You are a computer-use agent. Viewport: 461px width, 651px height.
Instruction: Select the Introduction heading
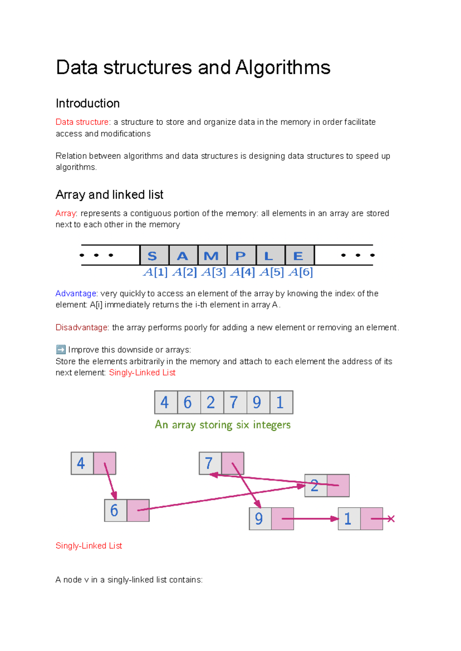tap(88, 103)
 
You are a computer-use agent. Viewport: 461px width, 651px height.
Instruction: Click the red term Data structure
tap(82, 122)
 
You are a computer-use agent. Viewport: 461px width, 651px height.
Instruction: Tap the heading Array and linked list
tap(109, 195)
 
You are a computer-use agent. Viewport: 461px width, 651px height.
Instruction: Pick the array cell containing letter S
tap(154, 256)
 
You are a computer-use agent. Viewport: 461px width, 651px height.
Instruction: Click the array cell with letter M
tap(212, 256)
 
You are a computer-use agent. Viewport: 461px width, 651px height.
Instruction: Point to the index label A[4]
tap(242, 272)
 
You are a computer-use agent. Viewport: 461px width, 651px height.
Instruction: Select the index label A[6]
tap(300, 272)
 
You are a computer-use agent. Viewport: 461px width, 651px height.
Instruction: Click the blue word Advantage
tap(76, 294)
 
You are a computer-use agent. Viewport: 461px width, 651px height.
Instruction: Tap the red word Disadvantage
tap(81, 327)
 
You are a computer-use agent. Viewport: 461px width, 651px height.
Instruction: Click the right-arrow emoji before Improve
tap(61, 350)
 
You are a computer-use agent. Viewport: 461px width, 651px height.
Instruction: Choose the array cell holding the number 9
tap(257, 402)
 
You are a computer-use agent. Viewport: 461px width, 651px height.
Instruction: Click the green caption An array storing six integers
tap(222, 425)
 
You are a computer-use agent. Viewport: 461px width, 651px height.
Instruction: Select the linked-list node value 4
tap(81, 463)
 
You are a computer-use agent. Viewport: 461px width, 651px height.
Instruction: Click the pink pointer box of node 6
tap(138, 510)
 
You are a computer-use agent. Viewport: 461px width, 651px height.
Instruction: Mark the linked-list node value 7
tap(209, 463)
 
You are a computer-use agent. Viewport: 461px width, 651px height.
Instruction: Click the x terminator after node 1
tap(391, 519)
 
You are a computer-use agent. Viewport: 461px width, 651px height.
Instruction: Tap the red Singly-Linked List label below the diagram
tap(89, 546)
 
